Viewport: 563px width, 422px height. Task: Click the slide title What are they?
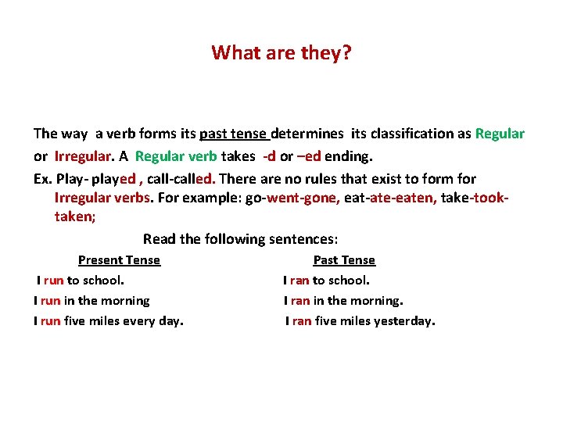(281, 53)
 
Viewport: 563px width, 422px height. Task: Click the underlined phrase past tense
(235, 134)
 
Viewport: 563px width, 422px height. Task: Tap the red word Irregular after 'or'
(84, 155)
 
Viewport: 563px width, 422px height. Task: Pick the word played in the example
(115, 179)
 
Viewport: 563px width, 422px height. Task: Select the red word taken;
(75, 216)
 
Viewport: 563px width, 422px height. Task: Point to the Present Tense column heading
(119, 260)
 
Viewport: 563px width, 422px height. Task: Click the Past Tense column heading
(344, 260)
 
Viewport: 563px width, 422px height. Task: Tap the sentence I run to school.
(81, 280)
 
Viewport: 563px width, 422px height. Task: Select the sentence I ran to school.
(326, 280)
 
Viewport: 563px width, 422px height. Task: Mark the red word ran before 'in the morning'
(299, 300)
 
